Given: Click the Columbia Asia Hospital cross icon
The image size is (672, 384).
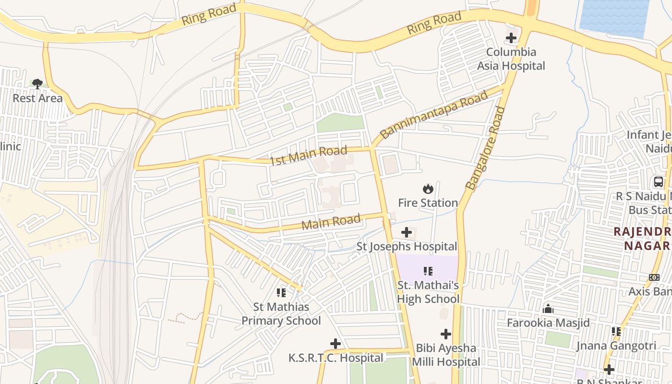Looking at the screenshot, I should click(511, 38).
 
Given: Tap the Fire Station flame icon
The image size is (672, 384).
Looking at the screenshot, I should click(428, 189).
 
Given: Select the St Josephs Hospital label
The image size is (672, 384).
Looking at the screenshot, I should click(407, 246).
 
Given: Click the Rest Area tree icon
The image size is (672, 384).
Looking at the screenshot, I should click(37, 84).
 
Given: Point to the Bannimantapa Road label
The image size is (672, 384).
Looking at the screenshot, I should click(434, 114).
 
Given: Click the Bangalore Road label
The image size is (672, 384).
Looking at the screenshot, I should click(486, 148).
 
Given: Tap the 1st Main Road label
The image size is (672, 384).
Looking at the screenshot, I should click(308, 156).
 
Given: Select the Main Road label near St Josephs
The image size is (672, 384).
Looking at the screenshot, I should click(331, 222).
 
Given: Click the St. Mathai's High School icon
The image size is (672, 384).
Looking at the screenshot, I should click(428, 271).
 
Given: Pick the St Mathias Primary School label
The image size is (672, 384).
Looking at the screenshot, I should click(281, 313).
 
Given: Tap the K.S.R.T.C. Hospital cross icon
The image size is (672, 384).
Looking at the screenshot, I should click(336, 344).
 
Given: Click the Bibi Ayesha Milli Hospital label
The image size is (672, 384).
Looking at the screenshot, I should click(446, 355).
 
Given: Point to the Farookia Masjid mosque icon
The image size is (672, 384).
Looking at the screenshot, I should click(548, 309).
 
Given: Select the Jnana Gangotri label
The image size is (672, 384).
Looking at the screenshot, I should click(616, 346).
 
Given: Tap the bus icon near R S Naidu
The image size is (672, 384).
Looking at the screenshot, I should click(659, 182).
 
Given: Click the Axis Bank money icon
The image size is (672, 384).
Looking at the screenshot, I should click(654, 277).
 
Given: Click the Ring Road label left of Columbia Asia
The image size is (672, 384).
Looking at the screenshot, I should click(434, 23).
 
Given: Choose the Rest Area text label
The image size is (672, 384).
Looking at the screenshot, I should click(37, 98).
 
